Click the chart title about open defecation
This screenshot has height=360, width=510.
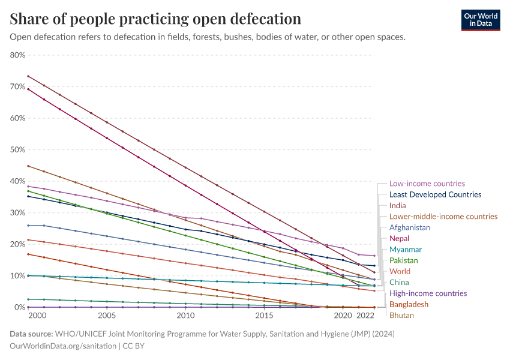155,19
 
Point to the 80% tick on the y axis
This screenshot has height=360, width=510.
17,55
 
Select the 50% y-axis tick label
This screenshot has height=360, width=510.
17,150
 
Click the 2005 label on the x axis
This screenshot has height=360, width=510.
107,315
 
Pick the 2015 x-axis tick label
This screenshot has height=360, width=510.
264,315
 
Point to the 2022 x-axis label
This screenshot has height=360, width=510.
365,315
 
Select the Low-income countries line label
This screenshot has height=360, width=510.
427,184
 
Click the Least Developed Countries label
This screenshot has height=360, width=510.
435,194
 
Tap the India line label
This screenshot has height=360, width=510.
397,206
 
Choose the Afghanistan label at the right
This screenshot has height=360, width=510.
409,227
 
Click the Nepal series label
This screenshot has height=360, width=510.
399,239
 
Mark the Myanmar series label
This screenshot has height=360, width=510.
405,250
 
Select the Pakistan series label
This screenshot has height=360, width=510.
403,260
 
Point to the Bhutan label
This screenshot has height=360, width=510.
401,315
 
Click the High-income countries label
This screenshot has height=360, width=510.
428,293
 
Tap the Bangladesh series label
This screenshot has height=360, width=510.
409,304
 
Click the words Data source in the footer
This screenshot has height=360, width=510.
31,334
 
